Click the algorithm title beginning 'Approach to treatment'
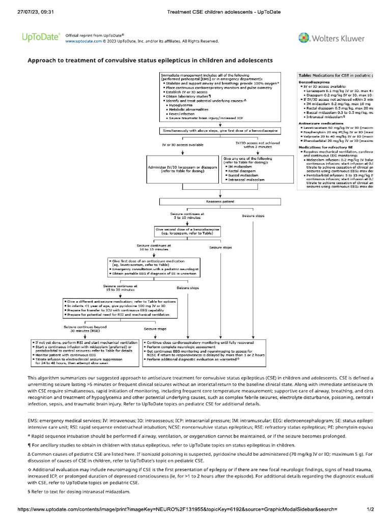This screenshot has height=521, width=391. point(150,60)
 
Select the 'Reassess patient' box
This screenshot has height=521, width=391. point(220,201)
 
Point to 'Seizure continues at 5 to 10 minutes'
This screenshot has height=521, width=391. point(186,216)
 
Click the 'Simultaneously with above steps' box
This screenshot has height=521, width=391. point(220,131)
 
